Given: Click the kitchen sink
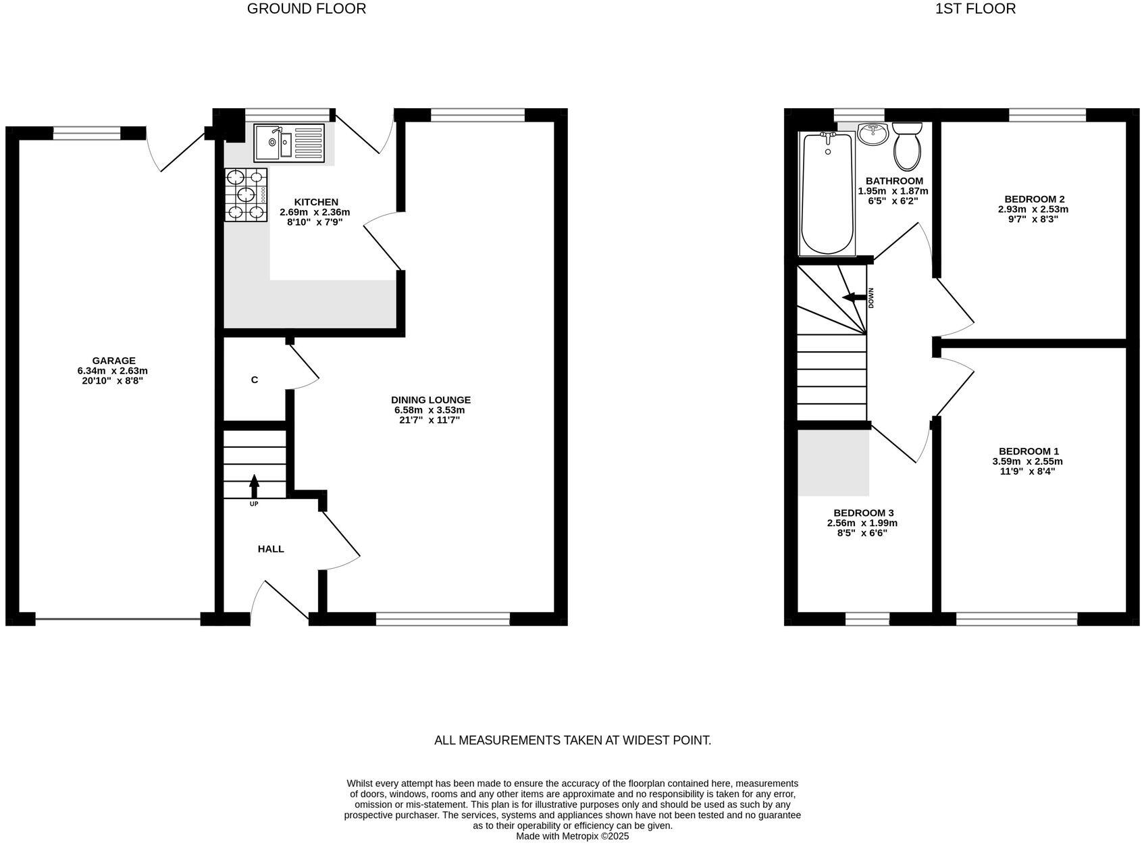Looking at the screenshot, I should coord(288,143).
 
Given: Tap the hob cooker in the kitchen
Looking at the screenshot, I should coord(246,195).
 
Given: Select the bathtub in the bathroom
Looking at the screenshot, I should coord(827,195).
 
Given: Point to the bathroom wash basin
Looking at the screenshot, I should coord(873,134).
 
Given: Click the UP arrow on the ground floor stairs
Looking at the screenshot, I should coord(254,486).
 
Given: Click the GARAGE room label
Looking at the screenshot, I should coord(113,361).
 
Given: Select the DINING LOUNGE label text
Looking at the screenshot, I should coord(430,400).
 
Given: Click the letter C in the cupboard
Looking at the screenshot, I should coord(255,380).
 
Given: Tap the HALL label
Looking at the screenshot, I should coord(271,549).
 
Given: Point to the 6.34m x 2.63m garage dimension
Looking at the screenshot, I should coord(113,371).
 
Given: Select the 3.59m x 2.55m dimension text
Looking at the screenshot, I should coord(1027,461).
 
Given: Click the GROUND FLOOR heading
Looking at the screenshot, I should coord(307,9).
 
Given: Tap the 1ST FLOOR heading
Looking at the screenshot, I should coord(975,9).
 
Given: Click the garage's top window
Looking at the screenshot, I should coord(86,133).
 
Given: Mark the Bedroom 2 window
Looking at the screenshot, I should coord(1047,115).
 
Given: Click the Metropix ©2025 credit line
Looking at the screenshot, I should coord(572,836).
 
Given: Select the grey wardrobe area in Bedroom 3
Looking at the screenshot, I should coord(833,463).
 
